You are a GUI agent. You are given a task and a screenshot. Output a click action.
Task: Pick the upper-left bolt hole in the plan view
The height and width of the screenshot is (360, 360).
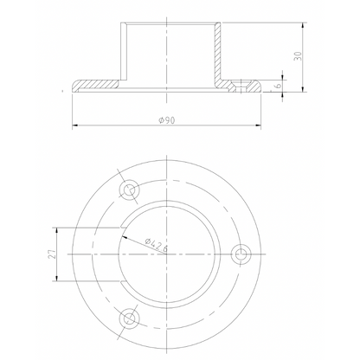131,189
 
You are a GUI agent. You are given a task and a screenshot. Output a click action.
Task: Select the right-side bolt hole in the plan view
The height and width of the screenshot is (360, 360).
241,253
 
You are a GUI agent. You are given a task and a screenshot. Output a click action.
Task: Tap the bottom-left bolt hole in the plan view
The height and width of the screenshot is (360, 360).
131,317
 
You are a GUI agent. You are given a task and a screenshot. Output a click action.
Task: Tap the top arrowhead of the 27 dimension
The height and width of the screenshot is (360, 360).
56,228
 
